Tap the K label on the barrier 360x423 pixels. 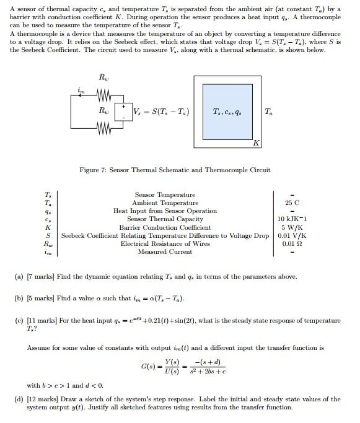pyautogui.click(x=255, y=143)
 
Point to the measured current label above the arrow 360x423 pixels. pyautogui.click(x=80, y=90)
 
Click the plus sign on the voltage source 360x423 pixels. pyautogui.click(x=123, y=107)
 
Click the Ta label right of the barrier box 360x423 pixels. pyautogui.click(x=268, y=112)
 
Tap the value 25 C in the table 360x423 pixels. pyautogui.click(x=292, y=203)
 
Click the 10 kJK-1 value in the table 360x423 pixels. pyautogui.click(x=292, y=219)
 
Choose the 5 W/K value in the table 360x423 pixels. pyautogui.click(x=292, y=227)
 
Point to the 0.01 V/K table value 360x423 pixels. pyautogui.click(x=292, y=236)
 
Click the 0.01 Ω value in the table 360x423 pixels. pyautogui.click(x=292, y=244)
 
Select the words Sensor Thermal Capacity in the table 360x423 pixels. pyautogui.click(x=165, y=219)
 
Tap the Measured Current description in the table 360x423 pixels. pyautogui.click(x=165, y=252)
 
